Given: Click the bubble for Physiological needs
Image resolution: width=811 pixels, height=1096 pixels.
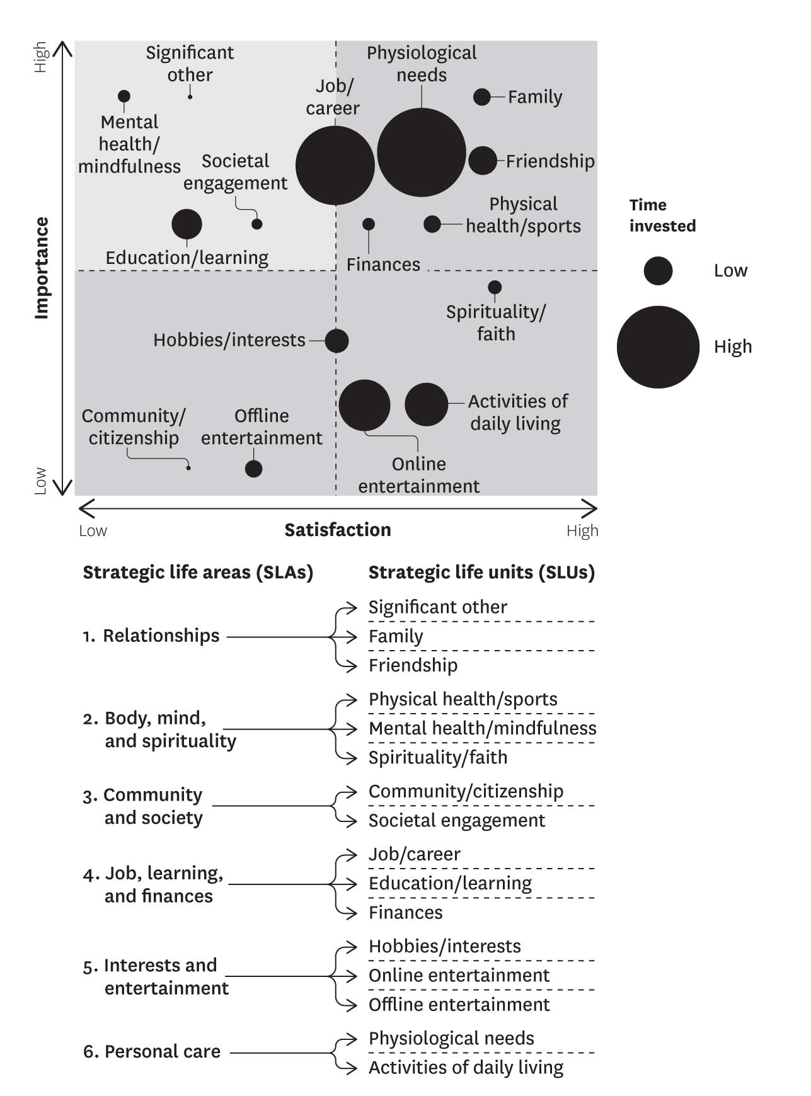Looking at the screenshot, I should pyautogui.click(x=421, y=152).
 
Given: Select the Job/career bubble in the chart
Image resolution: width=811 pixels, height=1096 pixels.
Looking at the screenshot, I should pyautogui.click(x=335, y=166).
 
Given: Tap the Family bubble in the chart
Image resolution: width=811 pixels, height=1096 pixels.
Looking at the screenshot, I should pyautogui.click(x=482, y=97).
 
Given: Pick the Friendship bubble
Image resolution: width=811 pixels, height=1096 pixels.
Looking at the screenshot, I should pyautogui.click(x=483, y=161).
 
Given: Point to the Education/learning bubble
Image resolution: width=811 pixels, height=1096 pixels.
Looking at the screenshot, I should pyautogui.click(x=187, y=224).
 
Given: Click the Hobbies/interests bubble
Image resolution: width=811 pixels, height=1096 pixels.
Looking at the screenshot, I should pyautogui.click(x=336, y=341).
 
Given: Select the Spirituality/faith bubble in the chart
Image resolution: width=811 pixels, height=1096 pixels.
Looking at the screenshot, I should pyautogui.click(x=495, y=288).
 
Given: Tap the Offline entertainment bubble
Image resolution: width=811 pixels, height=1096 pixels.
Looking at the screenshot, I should pyautogui.click(x=253, y=469).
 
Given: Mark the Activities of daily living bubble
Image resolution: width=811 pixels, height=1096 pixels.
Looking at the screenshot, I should pyautogui.click(x=427, y=404).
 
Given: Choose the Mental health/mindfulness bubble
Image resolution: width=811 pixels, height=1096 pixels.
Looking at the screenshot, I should pyautogui.click(x=124, y=96).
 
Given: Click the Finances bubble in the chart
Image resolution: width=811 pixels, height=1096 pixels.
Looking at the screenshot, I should pyautogui.click(x=369, y=224).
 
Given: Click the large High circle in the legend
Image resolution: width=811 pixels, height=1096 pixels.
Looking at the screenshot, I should pyautogui.click(x=658, y=347).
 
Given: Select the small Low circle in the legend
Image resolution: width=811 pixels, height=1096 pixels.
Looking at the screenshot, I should pyautogui.click(x=658, y=271).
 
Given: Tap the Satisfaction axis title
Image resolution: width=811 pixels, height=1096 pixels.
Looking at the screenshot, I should pyautogui.click(x=338, y=530).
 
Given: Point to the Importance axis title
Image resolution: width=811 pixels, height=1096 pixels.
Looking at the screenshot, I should pyautogui.click(x=42, y=268).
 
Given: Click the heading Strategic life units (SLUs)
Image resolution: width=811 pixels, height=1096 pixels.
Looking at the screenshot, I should pyautogui.click(x=481, y=572).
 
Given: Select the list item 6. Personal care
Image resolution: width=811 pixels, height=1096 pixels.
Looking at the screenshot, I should pyautogui.click(x=152, y=1052).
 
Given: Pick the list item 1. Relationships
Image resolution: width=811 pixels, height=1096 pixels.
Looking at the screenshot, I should pyautogui.click(x=151, y=636).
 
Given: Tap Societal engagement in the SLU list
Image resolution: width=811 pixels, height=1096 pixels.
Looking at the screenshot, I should pyautogui.click(x=457, y=821).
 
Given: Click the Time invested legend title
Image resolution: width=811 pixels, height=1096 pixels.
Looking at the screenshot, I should pyautogui.click(x=662, y=215).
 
